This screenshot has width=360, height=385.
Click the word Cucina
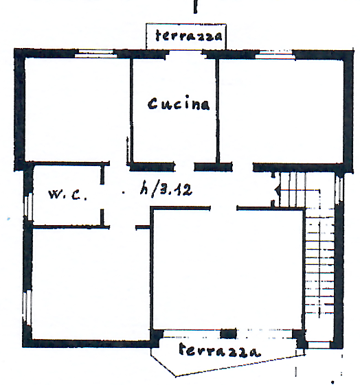[179, 104]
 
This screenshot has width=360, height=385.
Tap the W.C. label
[67, 194]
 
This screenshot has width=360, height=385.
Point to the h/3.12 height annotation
[166, 189]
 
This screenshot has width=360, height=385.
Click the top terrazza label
[189, 36]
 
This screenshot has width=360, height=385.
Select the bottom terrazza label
[219, 350]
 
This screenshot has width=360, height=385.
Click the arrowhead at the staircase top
[277, 190]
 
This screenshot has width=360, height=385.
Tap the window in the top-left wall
[95, 54]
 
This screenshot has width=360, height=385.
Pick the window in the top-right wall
[275, 55]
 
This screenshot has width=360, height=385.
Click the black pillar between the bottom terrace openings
[228, 334]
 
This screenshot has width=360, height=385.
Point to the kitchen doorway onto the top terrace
[185, 54]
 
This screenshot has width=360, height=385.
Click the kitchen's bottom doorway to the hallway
[184, 167]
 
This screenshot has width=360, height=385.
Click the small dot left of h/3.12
[124, 192]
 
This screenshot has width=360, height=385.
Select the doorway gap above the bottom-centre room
[223, 208]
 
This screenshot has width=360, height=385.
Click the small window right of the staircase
[339, 189]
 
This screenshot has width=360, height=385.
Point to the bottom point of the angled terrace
[175, 376]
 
